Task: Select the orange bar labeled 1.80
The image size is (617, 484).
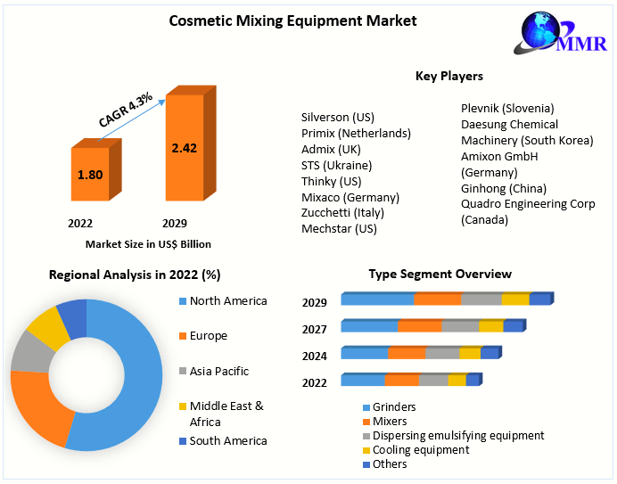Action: point(90,175)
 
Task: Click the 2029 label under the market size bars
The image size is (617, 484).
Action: point(174,223)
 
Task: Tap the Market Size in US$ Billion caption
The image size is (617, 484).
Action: point(148,243)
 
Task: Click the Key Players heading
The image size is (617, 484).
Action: point(448,77)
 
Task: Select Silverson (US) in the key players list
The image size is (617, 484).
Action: point(337,117)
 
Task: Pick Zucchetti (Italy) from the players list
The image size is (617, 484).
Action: point(341,212)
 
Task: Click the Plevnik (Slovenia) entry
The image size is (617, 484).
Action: point(507,108)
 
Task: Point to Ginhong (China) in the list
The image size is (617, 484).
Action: point(504,188)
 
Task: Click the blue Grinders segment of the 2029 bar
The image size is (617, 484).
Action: point(377,299)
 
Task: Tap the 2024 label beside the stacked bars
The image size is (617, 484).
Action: point(315,356)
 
